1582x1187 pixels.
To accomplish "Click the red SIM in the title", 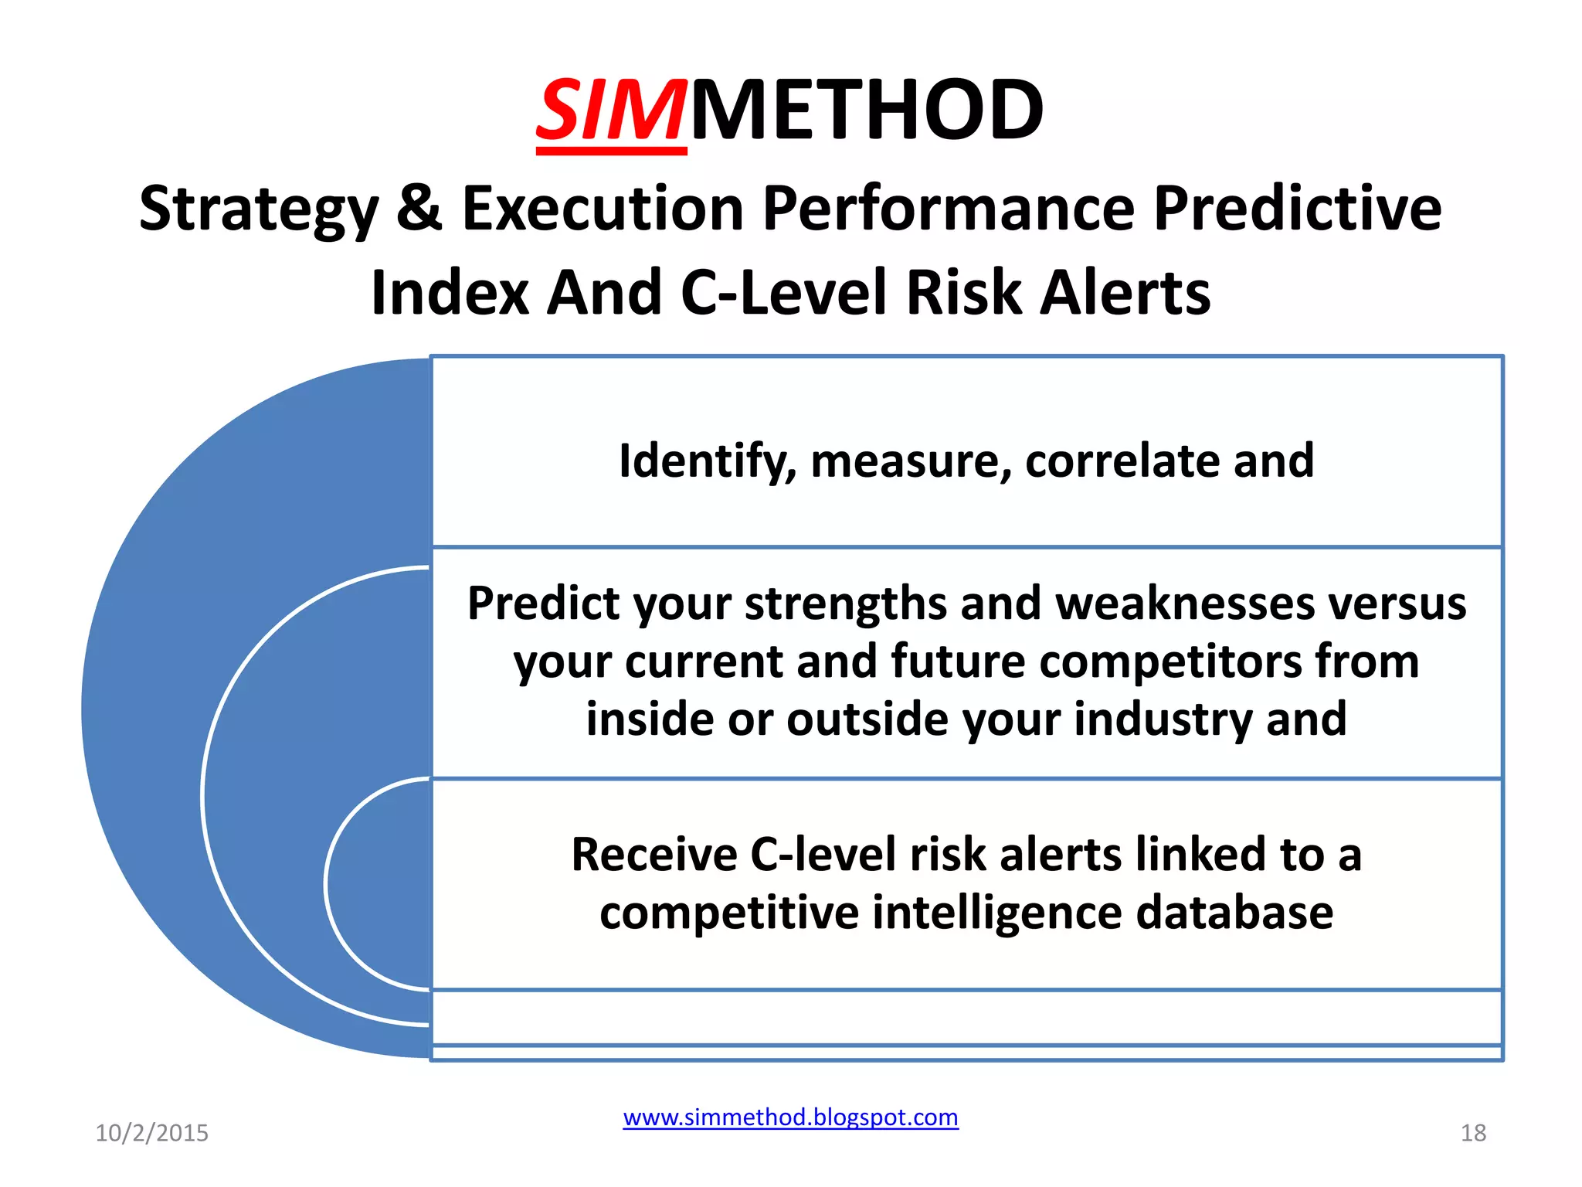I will click(x=610, y=112).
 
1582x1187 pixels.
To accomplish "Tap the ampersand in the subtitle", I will click(x=419, y=209).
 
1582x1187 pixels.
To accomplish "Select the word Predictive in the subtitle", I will click(x=1297, y=209).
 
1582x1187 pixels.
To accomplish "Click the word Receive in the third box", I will click(x=654, y=855).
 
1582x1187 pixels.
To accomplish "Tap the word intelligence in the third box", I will click(x=996, y=913).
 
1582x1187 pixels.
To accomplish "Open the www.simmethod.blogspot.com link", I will click(x=790, y=1117).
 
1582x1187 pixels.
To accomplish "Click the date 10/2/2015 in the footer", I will click(x=151, y=1133).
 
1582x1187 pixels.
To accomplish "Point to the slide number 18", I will click(x=1473, y=1133).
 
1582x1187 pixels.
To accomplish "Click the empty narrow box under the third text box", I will click(x=966, y=1018).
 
